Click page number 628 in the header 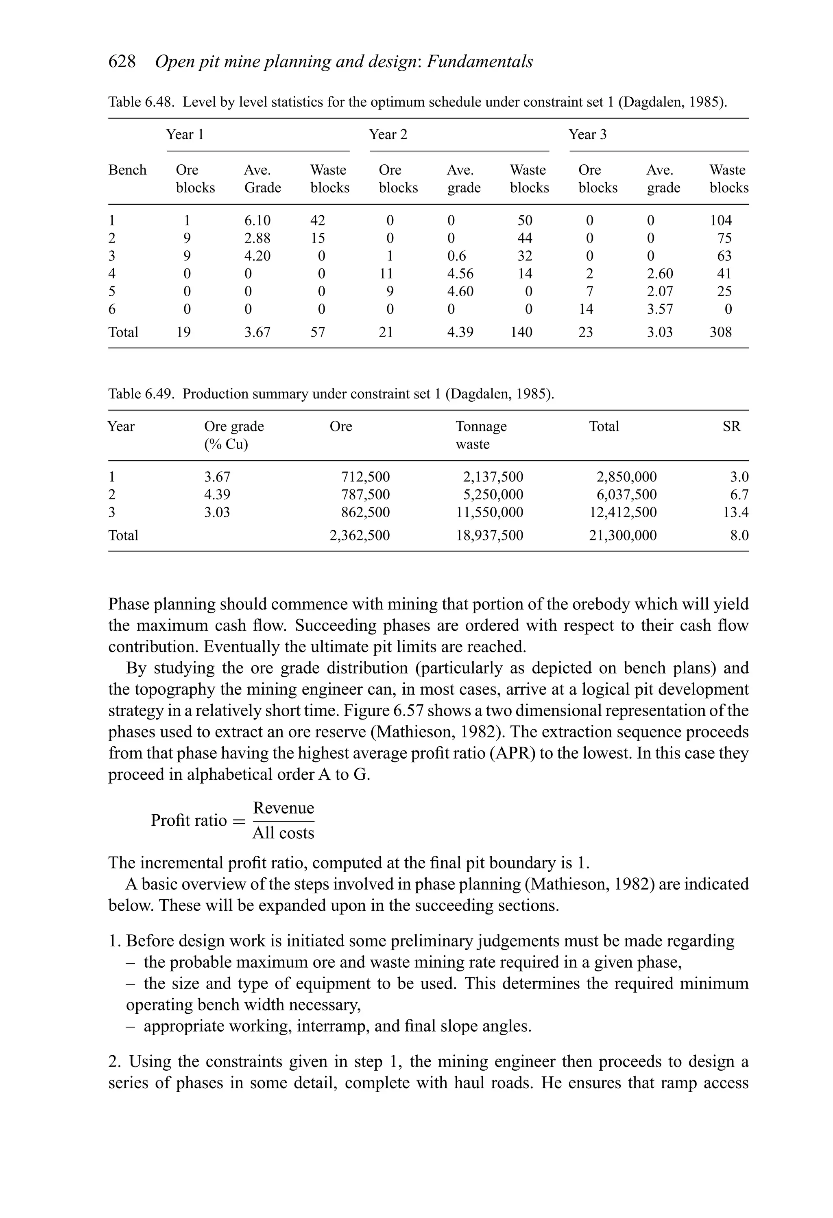click(x=122, y=62)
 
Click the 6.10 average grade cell click(x=257, y=220)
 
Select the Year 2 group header click(x=388, y=135)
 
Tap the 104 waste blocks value click(x=720, y=220)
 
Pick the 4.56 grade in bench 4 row click(x=460, y=273)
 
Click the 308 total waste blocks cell click(x=720, y=332)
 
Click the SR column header click(x=731, y=426)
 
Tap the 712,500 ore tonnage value click(x=365, y=477)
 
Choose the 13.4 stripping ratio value click(x=735, y=513)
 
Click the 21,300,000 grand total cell click(x=622, y=536)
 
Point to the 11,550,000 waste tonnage click(x=489, y=513)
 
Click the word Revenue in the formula click(x=283, y=808)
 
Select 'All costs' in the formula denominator click(x=283, y=833)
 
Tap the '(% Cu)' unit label click(x=226, y=444)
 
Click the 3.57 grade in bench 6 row click(x=660, y=309)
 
